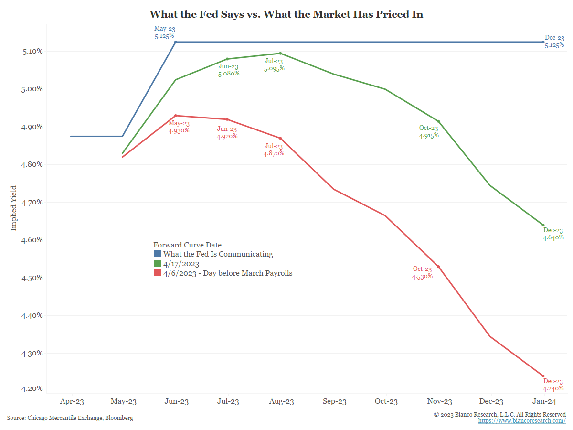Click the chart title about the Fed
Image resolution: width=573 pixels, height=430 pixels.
(x=286, y=14)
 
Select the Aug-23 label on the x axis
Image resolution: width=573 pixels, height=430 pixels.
(x=281, y=402)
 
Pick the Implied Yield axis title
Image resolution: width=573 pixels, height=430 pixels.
(x=13, y=208)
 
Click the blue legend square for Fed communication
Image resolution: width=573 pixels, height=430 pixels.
(x=158, y=254)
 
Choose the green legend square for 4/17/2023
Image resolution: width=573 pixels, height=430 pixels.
(x=158, y=263)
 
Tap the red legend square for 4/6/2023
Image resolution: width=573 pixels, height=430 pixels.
(x=158, y=273)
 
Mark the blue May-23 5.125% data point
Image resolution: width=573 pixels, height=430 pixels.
(x=176, y=42)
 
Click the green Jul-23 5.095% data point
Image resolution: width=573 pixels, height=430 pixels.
(x=280, y=54)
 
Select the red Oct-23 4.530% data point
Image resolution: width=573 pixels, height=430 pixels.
(x=438, y=267)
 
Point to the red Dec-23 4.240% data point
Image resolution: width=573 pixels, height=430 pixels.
(x=543, y=376)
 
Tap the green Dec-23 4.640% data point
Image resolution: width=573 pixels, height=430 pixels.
(x=543, y=225)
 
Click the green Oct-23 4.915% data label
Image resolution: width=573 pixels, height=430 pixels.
(x=428, y=132)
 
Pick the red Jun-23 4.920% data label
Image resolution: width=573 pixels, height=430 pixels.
(x=227, y=132)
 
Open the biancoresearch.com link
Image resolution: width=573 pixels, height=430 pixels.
(x=522, y=421)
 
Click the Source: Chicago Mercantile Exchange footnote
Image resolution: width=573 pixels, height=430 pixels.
(x=70, y=418)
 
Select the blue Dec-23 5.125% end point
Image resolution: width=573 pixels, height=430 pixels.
(x=543, y=42)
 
